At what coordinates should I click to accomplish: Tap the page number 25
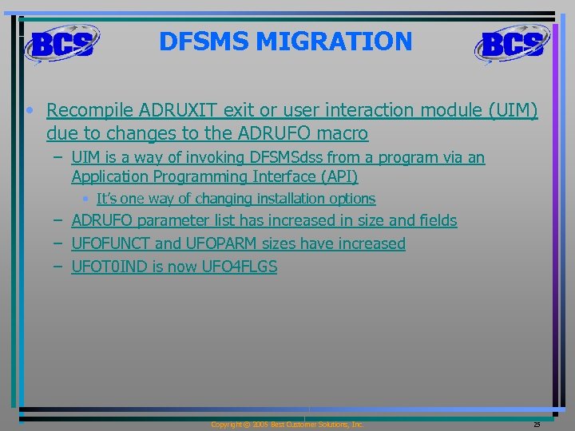click(x=537, y=425)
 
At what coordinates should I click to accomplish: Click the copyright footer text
click(x=287, y=425)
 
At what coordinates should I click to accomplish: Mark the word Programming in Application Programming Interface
click(x=200, y=176)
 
